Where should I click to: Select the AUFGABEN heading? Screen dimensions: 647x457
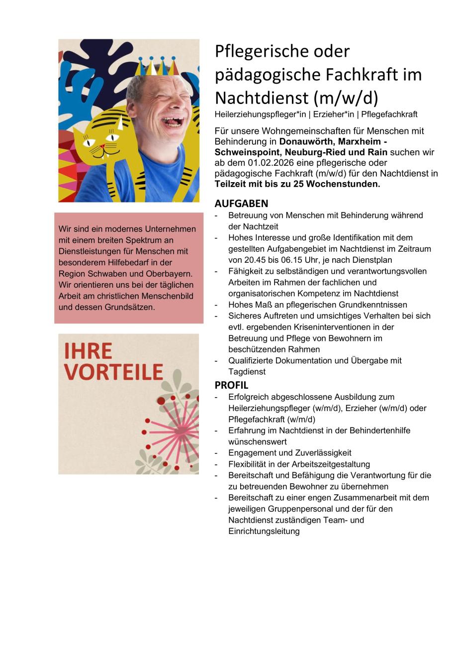click(241, 204)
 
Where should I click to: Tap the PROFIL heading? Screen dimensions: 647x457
click(231, 385)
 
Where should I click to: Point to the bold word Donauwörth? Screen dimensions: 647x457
click(306, 141)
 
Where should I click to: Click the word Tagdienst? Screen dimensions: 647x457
click(247, 372)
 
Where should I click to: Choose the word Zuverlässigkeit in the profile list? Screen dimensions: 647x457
click(322, 453)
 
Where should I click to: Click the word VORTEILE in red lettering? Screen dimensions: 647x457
click(113, 372)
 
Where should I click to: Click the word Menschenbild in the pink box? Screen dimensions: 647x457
click(169, 296)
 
